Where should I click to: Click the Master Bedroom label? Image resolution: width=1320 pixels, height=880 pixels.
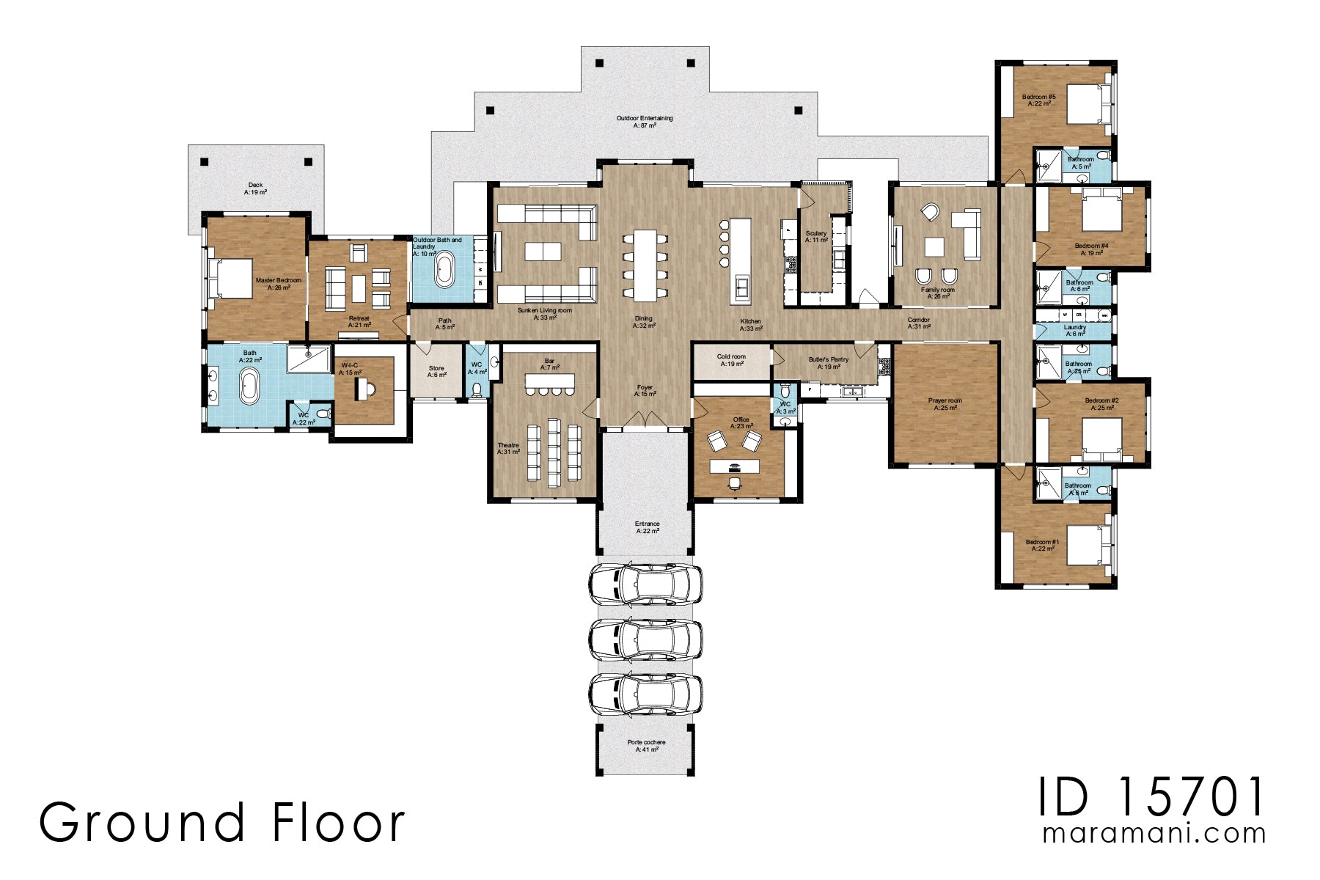[x=278, y=284]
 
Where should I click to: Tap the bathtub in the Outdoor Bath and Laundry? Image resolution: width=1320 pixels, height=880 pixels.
[x=445, y=270]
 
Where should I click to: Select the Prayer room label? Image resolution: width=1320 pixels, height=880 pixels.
[x=945, y=404]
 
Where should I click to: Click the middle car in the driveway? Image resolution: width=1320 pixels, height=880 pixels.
[x=645, y=639]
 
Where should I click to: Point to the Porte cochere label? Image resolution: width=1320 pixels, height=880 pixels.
[x=646, y=745]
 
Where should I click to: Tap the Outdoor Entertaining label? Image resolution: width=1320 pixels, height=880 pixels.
[x=644, y=122]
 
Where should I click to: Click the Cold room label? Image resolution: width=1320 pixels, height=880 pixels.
[x=731, y=360]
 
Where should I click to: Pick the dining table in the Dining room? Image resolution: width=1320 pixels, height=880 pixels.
[x=645, y=265]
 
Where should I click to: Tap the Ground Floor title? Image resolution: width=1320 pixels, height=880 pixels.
[x=221, y=822]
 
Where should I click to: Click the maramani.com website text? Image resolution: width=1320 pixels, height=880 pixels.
[x=1154, y=834]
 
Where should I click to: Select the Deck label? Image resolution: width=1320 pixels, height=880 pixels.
[x=255, y=188]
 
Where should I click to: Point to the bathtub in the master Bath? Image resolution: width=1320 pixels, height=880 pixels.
[x=249, y=386]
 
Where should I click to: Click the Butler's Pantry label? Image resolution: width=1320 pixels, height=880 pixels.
[x=829, y=363]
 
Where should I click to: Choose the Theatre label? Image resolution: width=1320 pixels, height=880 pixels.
[x=508, y=449]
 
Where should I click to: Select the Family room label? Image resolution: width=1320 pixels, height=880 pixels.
[x=938, y=293]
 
